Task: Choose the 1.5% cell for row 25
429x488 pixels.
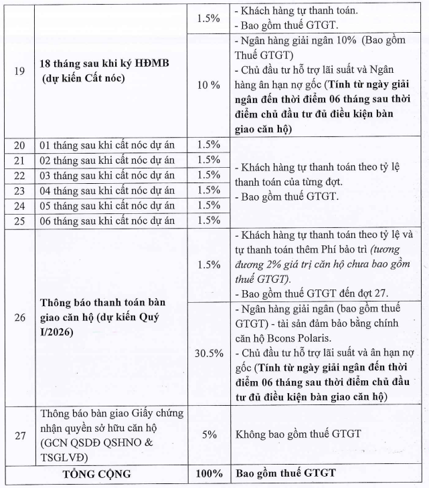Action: (x=209, y=220)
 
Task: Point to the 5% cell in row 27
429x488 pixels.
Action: (x=209, y=434)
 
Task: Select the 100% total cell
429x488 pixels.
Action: (x=209, y=474)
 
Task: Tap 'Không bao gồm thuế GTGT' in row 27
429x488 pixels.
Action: (x=298, y=434)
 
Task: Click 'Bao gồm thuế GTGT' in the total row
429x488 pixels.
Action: (x=284, y=474)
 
